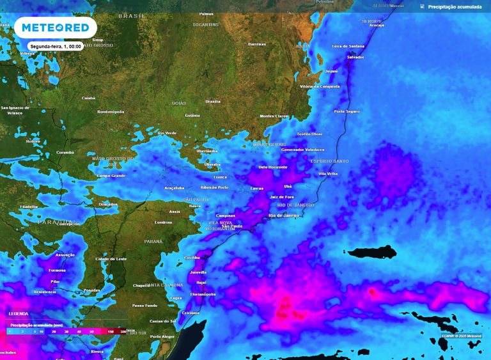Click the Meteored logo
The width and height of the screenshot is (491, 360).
(x=55, y=27)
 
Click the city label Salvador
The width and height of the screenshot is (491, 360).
(x=355, y=57)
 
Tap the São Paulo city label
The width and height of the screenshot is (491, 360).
(x=231, y=226)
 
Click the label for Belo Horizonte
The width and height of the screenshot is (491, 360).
(x=272, y=167)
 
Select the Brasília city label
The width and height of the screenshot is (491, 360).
(x=213, y=101)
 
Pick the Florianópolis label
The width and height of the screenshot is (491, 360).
(x=203, y=294)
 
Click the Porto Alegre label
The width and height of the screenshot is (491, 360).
(x=162, y=336)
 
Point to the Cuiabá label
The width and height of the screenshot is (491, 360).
(x=89, y=98)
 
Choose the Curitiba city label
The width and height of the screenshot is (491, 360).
(x=192, y=257)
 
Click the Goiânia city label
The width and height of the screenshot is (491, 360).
(x=192, y=115)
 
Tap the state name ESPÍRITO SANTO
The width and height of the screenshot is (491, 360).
(x=330, y=161)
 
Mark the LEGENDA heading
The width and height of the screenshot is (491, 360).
(x=18, y=314)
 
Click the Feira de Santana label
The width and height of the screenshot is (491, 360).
(x=348, y=46)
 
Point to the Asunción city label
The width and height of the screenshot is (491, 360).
(x=65, y=254)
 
